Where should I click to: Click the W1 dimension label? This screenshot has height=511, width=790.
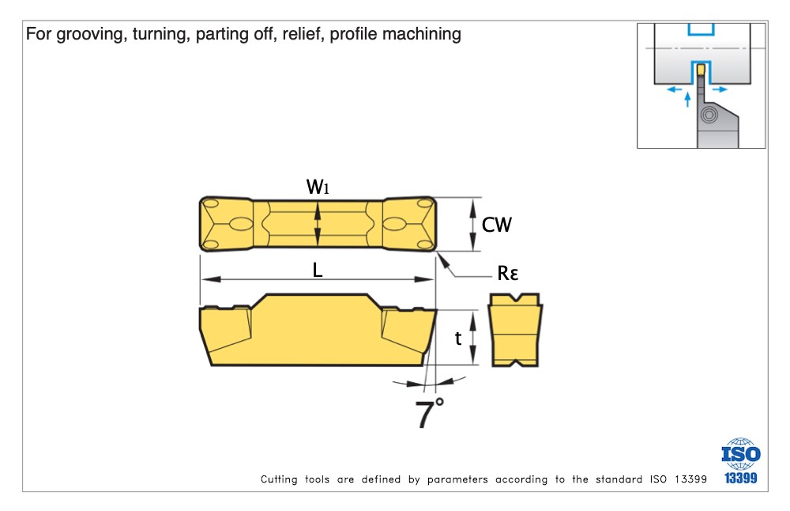317,187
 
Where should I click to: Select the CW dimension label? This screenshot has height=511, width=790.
497,225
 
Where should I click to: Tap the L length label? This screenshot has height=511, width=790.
317,270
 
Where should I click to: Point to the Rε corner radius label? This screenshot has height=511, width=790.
508,274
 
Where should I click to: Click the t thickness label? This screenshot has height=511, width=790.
458,339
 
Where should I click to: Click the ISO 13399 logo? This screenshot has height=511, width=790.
740,461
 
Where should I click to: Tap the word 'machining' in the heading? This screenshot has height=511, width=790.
423,35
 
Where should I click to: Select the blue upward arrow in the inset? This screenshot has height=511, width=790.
687,99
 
